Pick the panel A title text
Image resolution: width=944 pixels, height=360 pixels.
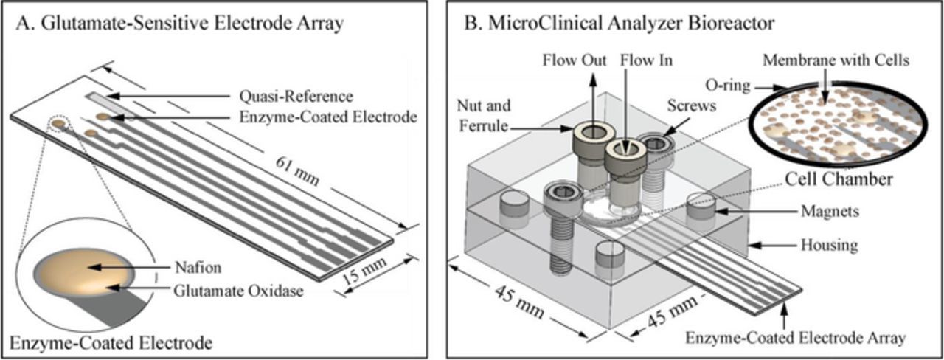click(x=181, y=24)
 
